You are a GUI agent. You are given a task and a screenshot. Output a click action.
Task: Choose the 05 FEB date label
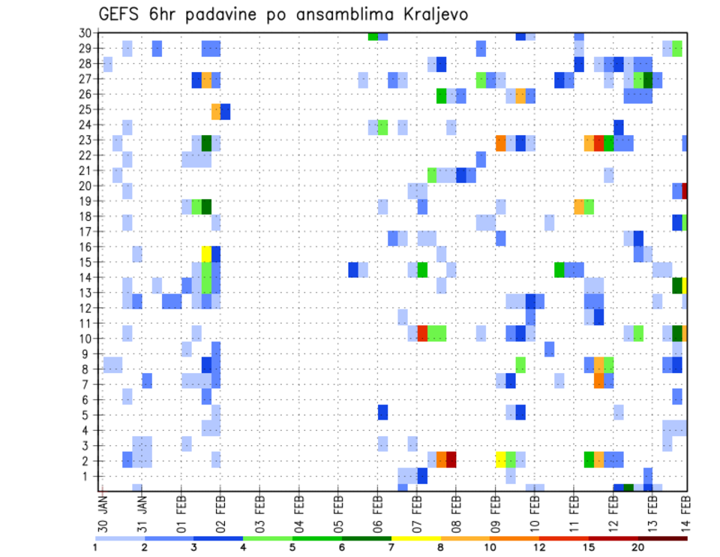coord(338,510)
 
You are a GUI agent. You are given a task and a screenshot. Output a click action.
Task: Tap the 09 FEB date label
coord(495,510)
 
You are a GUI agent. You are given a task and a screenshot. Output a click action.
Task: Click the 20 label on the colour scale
coord(638,547)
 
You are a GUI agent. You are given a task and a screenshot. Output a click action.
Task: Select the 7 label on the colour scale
coord(391,547)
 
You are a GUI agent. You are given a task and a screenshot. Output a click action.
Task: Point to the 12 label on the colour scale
coord(539,547)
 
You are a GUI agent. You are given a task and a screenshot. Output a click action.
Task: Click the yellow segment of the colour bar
coord(415,537)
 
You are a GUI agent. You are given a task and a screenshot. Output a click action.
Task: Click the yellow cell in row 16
coord(207,254)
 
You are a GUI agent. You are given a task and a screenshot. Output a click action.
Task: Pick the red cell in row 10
coord(422,333)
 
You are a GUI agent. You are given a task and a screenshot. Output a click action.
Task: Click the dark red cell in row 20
coord(685,191)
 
